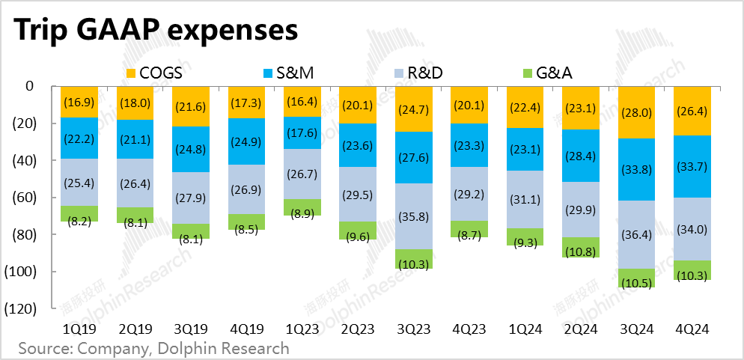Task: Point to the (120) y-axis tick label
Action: [x=29, y=308]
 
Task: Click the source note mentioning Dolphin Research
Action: [x=153, y=348]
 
